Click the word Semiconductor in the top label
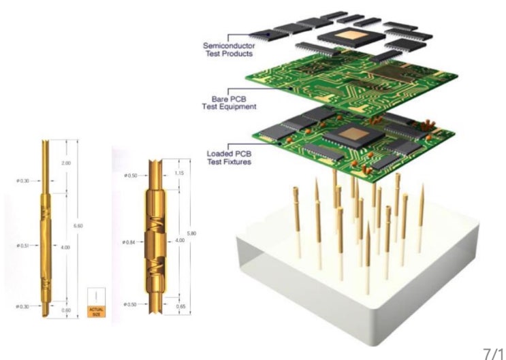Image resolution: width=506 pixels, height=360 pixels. coord(227,46)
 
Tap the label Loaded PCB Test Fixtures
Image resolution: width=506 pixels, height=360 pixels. coord(228,158)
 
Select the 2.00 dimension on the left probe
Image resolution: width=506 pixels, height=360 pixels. coord(66,164)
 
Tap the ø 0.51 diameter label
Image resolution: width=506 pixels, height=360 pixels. coord(25,244)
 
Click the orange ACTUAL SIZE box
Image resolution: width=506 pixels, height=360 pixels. coord(97,311)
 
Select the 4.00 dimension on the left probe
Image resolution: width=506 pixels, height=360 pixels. coord(66,247)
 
